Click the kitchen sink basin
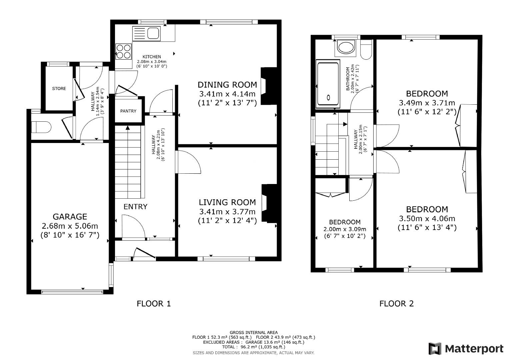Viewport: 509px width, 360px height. [x=153, y=33]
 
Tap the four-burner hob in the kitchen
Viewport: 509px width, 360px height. [x=124, y=52]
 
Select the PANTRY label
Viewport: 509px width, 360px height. [x=128, y=111]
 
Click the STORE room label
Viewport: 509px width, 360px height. [x=59, y=88]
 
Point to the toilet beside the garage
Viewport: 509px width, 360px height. [x=41, y=127]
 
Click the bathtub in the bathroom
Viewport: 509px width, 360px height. [x=328, y=84]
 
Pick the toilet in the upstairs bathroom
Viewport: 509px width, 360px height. [x=366, y=50]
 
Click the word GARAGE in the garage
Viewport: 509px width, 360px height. [x=70, y=217]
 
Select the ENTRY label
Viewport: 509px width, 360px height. [x=135, y=207]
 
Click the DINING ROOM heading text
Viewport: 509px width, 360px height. [x=227, y=85]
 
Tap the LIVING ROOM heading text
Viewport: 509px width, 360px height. [x=227, y=202]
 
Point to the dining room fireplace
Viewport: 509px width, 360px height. [x=269, y=86]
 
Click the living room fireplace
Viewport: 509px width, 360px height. [x=269, y=203]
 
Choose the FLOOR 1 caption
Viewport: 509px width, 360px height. [x=154, y=304]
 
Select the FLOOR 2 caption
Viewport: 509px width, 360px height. [x=397, y=304]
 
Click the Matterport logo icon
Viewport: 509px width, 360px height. [x=435, y=349]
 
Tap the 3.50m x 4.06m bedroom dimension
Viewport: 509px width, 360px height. [x=427, y=219]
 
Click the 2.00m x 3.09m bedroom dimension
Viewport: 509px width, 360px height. [x=345, y=229]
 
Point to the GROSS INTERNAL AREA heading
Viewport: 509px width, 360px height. [x=254, y=333]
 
